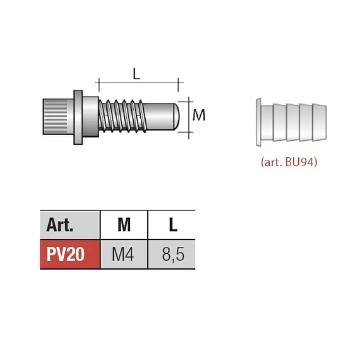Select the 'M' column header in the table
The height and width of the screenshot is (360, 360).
(x=124, y=225)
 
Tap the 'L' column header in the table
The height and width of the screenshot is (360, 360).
(x=172, y=225)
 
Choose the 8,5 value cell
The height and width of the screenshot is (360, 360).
(x=172, y=254)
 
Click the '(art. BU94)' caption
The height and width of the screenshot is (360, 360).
(x=289, y=162)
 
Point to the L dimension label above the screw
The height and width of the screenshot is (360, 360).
(x=136, y=74)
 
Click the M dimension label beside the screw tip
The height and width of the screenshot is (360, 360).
(x=199, y=115)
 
